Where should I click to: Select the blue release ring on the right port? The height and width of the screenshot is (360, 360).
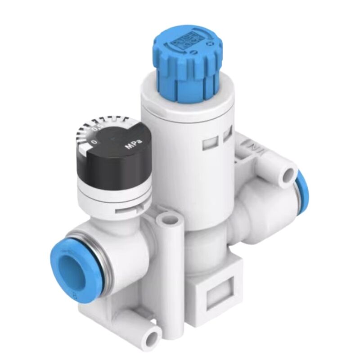coord(303,193)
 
